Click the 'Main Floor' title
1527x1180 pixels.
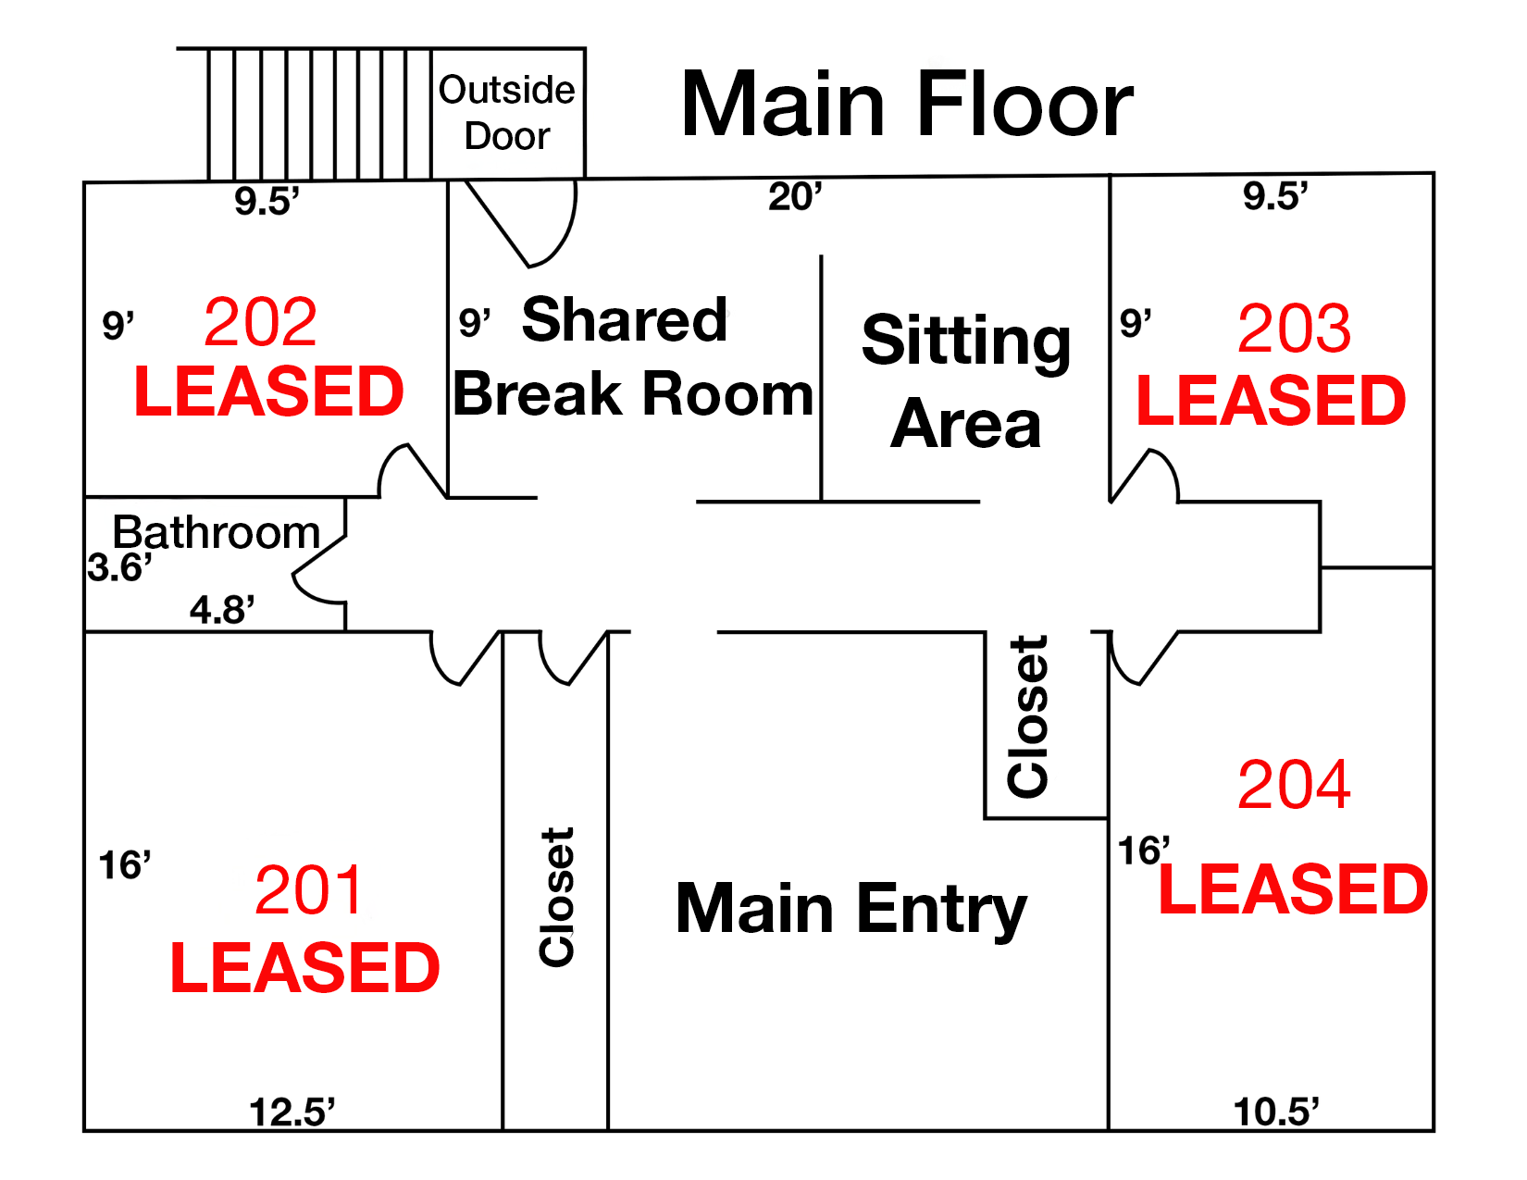pos(907,104)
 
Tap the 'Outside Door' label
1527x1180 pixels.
pos(506,113)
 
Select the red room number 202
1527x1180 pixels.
pos(261,322)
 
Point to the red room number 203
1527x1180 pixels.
pos(1294,329)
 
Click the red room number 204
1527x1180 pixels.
pos(1294,784)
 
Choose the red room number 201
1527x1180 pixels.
pos(308,889)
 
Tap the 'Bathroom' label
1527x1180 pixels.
pos(216,532)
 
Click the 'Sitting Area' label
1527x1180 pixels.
pos(966,380)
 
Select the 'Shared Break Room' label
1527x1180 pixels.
pos(632,356)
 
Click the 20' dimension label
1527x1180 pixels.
pos(795,197)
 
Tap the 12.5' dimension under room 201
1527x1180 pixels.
pos(292,1112)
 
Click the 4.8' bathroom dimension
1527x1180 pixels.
pos(221,609)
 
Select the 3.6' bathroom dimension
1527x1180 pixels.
pos(119,566)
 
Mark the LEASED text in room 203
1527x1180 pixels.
pos(1271,401)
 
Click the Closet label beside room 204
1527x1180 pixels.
pos(1028,717)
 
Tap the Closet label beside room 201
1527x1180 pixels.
pos(556,898)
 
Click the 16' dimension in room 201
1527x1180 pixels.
pos(124,864)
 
